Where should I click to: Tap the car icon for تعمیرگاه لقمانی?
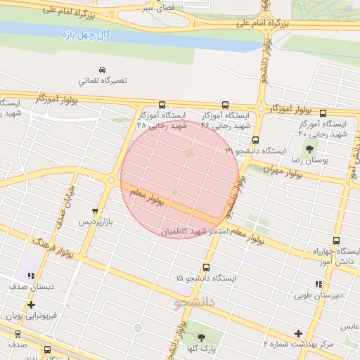[x=103, y=70]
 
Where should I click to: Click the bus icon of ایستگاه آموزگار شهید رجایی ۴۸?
[x=162, y=105]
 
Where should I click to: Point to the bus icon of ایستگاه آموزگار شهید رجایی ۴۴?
[x=225, y=105]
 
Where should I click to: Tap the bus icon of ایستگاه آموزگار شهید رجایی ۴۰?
[x=323, y=114]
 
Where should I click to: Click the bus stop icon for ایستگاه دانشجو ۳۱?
[x=255, y=140]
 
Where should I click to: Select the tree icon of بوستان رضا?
[x=309, y=149]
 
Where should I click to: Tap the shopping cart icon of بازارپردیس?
[x=95, y=211]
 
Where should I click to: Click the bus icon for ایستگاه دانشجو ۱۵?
[x=206, y=267]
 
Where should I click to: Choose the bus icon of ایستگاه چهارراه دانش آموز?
[x=337, y=240]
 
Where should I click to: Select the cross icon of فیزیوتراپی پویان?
[x=31, y=305]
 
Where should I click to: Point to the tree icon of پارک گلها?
[x=201, y=337]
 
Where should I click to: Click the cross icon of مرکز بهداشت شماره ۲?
[x=299, y=333]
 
